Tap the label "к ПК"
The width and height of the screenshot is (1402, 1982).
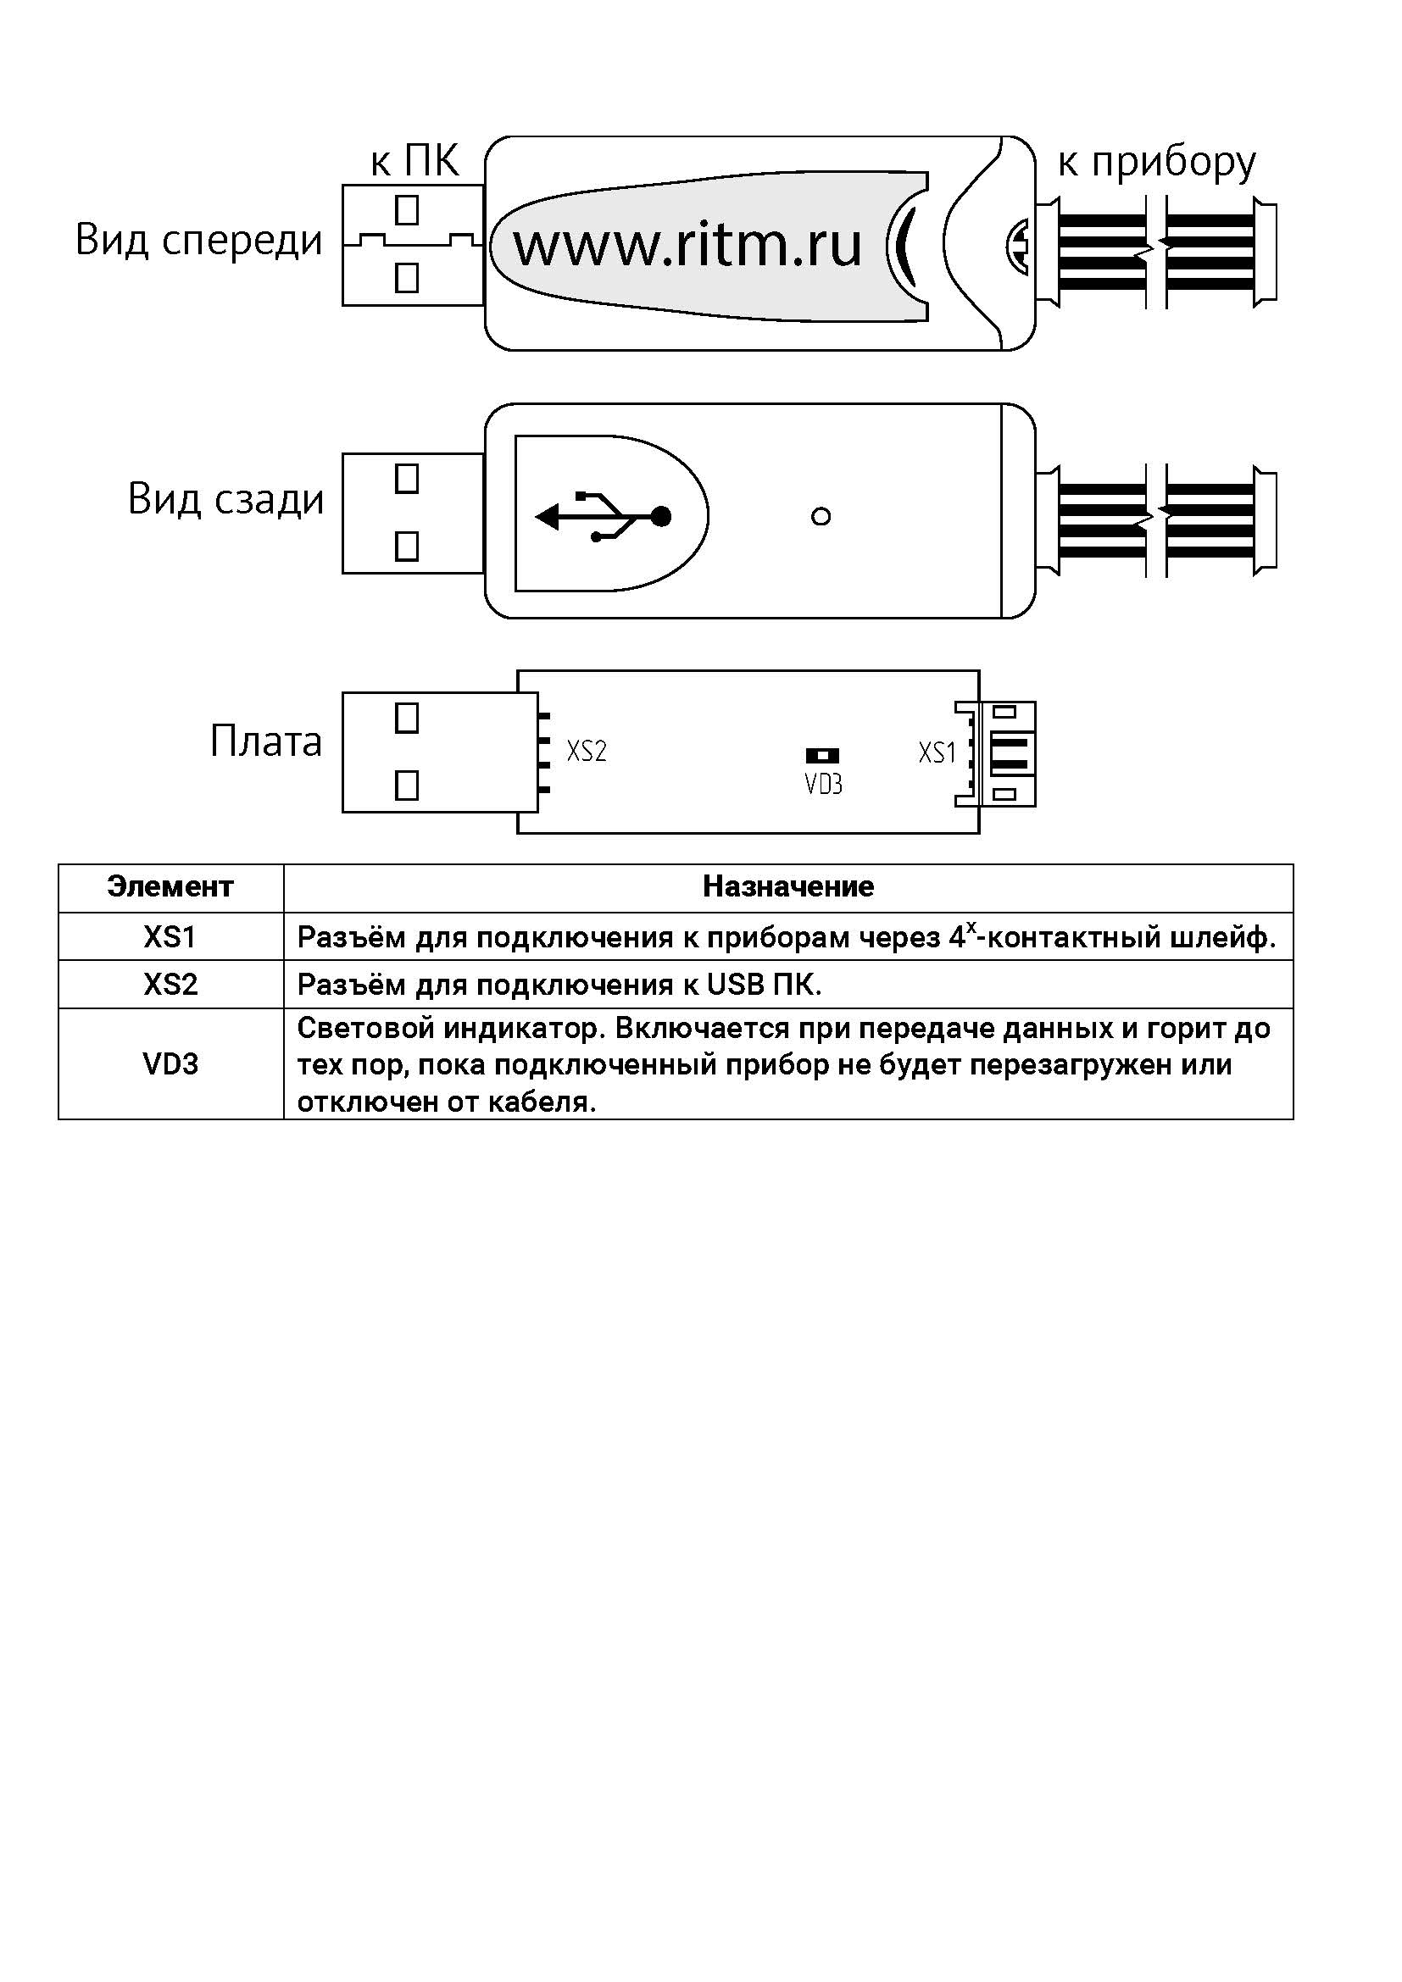click(x=414, y=162)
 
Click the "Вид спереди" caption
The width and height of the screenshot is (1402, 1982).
click(x=198, y=241)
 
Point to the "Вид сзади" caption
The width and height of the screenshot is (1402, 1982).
click(x=225, y=500)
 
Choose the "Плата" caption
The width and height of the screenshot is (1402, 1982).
click(x=266, y=741)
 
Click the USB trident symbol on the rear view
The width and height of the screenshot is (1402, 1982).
click(x=604, y=517)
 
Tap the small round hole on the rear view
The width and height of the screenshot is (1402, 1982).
click(x=821, y=517)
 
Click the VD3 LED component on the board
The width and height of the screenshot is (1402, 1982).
click(x=822, y=756)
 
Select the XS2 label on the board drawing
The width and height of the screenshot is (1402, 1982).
click(x=587, y=751)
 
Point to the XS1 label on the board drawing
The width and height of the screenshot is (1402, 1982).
click(x=937, y=752)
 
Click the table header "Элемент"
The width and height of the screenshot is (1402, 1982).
click(x=170, y=886)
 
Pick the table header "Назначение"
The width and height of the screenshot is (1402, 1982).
click(x=788, y=886)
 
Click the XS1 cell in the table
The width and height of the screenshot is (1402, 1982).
click(x=170, y=937)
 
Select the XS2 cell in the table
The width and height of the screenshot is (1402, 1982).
click(x=171, y=985)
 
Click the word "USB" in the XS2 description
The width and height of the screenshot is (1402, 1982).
click(x=731, y=985)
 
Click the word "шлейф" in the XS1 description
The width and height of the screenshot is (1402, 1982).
click(x=1225, y=938)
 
